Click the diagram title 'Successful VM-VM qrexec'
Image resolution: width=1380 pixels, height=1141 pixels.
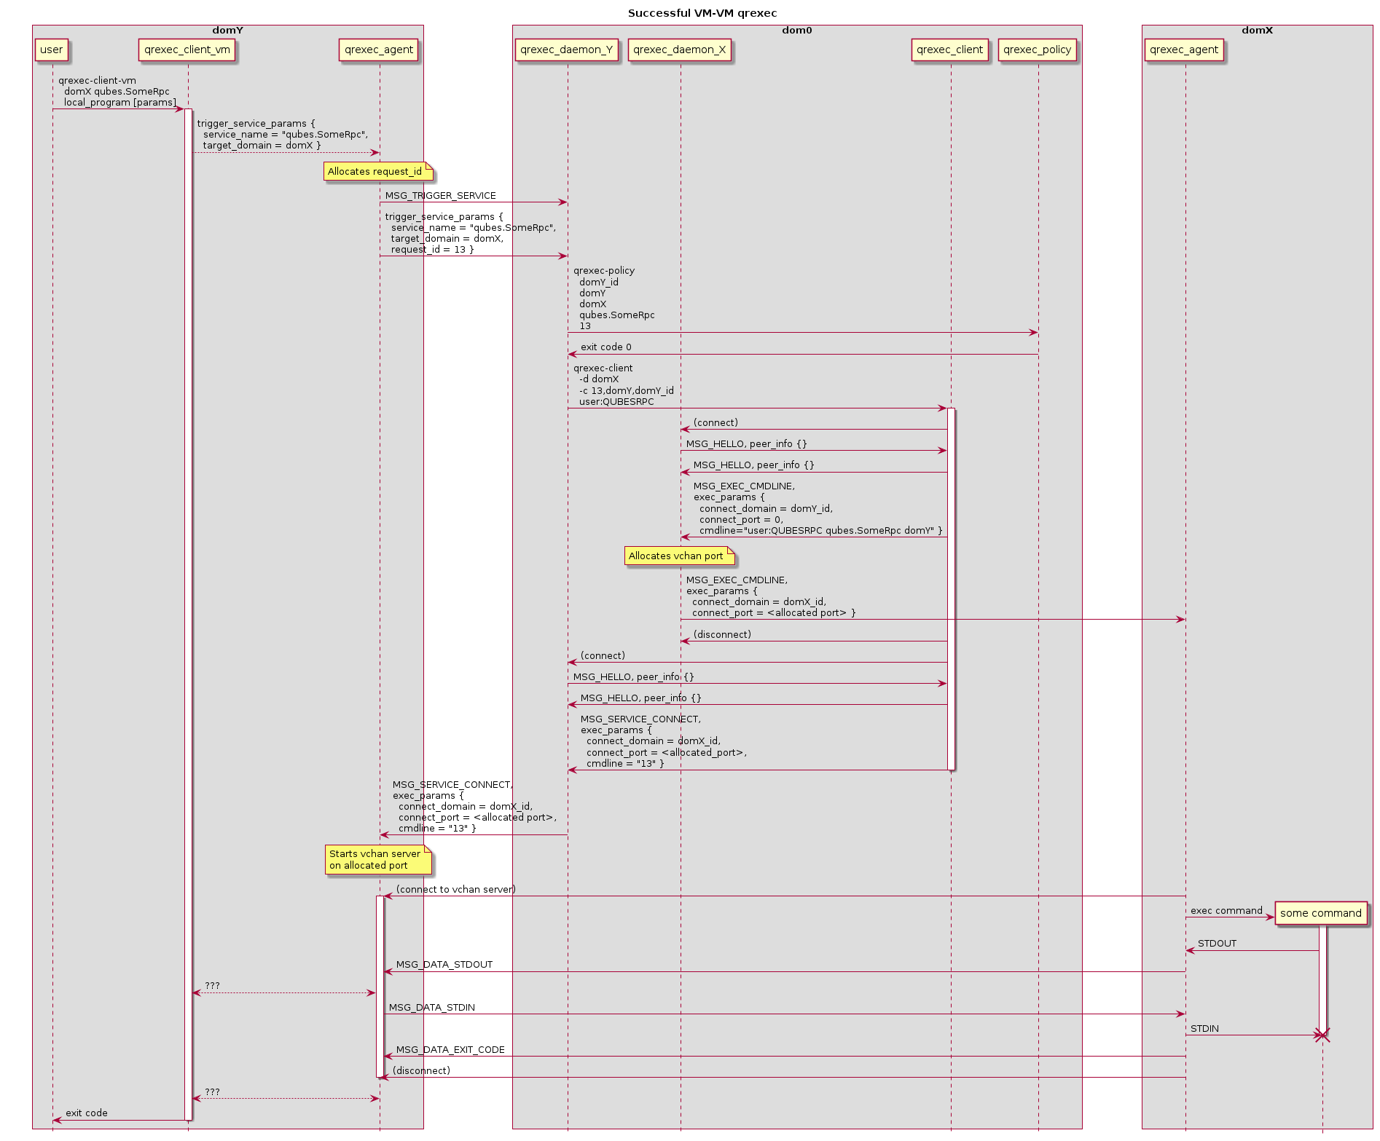pyautogui.click(x=702, y=13)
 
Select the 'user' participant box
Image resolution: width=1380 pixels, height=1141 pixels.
pyautogui.click(x=52, y=50)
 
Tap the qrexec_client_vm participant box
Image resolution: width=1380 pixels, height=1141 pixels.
pyautogui.click(x=187, y=50)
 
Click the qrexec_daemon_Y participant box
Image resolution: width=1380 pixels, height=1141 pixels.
pyautogui.click(x=567, y=50)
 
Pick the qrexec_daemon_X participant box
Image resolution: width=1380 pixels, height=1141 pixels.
pyautogui.click(x=680, y=50)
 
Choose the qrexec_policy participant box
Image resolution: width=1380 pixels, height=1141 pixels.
pyautogui.click(x=1038, y=50)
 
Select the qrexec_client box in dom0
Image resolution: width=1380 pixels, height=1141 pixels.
pyautogui.click(x=950, y=50)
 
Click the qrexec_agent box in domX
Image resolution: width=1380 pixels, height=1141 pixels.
pyautogui.click(x=1184, y=50)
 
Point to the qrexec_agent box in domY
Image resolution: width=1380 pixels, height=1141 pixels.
pyautogui.click(x=379, y=50)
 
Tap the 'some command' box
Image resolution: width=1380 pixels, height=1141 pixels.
pyautogui.click(x=1321, y=913)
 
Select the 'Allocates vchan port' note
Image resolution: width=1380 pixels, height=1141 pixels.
pyautogui.click(x=680, y=556)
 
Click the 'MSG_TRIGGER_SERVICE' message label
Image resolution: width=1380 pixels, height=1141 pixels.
pyautogui.click(x=441, y=196)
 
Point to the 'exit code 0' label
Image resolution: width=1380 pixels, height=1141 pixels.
pyautogui.click(x=606, y=347)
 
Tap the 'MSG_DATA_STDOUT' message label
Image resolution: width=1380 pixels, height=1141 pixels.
pyautogui.click(x=444, y=965)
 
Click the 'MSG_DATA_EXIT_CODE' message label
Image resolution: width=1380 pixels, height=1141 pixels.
pyautogui.click(x=450, y=1050)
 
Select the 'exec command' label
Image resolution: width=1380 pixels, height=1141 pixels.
pyautogui.click(x=1226, y=911)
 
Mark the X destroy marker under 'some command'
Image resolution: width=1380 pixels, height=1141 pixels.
pyautogui.click(x=1322, y=1035)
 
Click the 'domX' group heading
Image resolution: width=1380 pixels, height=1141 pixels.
pyautogui.click(x=1257, y=31)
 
